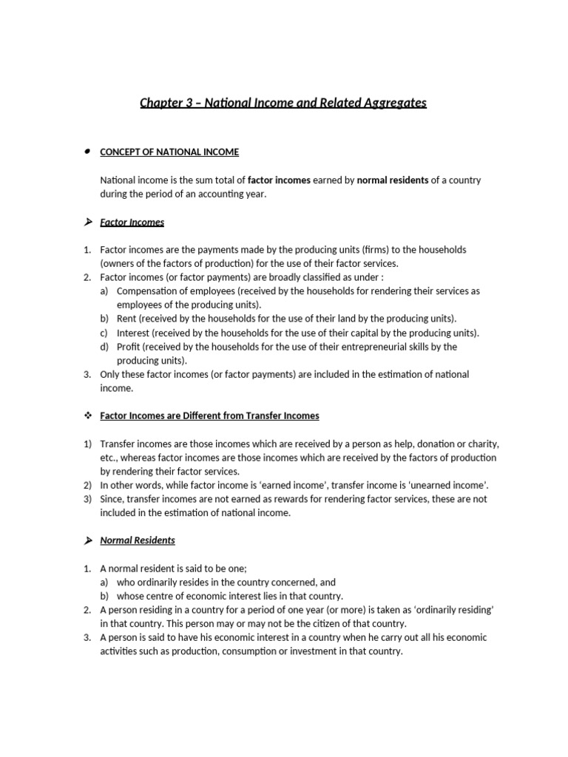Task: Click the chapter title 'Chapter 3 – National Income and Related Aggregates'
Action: (x=283, y=103)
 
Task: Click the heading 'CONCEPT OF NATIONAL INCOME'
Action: (x=169, y=152)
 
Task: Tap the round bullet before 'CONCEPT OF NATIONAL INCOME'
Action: (x=87, y=152)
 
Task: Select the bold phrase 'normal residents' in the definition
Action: (x=392, y=180)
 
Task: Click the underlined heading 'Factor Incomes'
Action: (x=132, y=222)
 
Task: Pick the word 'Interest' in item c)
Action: (x=133, y=333)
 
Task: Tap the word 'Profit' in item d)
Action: (x=129, y=347)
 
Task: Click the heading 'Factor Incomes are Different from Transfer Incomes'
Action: (x=209, y=416)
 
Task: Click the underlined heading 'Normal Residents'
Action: (x=138, y=540)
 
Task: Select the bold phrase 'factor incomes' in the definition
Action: (x=279, y=180)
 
